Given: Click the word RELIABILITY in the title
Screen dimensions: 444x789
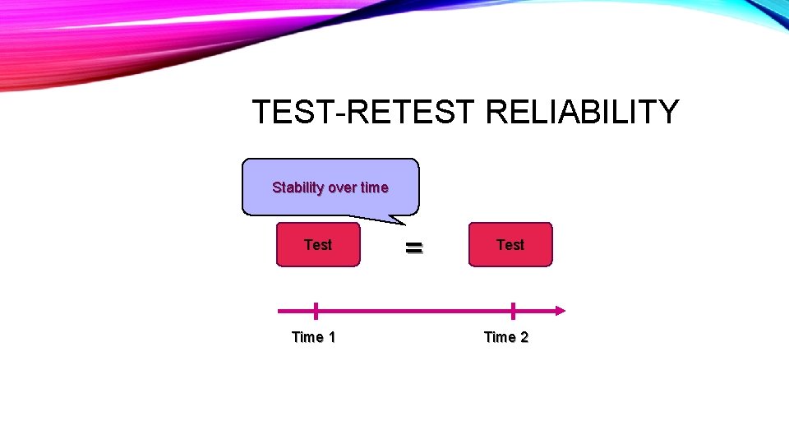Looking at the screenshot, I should [x=582, y=112].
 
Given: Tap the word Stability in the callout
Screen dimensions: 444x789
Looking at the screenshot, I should [x=298, y=187].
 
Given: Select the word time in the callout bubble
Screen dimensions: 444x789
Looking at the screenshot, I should [x=374, y=187].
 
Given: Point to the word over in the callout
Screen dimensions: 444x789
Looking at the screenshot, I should [x=343, y=187].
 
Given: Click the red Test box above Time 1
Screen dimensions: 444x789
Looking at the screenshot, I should [x=318, y=245].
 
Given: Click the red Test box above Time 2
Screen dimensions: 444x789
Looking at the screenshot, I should [x=510, y=245].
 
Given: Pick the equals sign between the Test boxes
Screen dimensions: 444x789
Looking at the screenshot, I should [x=414, y=247].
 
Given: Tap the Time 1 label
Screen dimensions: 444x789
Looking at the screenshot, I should [x=313, y=337].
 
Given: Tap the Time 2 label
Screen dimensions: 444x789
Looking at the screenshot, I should [x=505, y=337].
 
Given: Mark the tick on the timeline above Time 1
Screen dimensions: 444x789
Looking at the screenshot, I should [x=316, y=311].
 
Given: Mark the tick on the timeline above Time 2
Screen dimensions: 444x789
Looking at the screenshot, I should [x=513, y=311].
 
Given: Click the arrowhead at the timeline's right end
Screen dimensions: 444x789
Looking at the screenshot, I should [x=561, y=311].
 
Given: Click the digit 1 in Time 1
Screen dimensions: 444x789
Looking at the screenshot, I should [x=331, y=337].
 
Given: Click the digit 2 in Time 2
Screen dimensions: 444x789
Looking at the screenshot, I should [x=524, y=337].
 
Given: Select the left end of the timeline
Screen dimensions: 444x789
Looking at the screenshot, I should [x=281, y=311].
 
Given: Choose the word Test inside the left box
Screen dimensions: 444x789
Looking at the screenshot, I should [x=318, y=245].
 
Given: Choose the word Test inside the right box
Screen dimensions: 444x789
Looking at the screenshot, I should [x=510, y=245].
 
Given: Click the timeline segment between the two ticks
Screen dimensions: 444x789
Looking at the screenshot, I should [x=414, y=311].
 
